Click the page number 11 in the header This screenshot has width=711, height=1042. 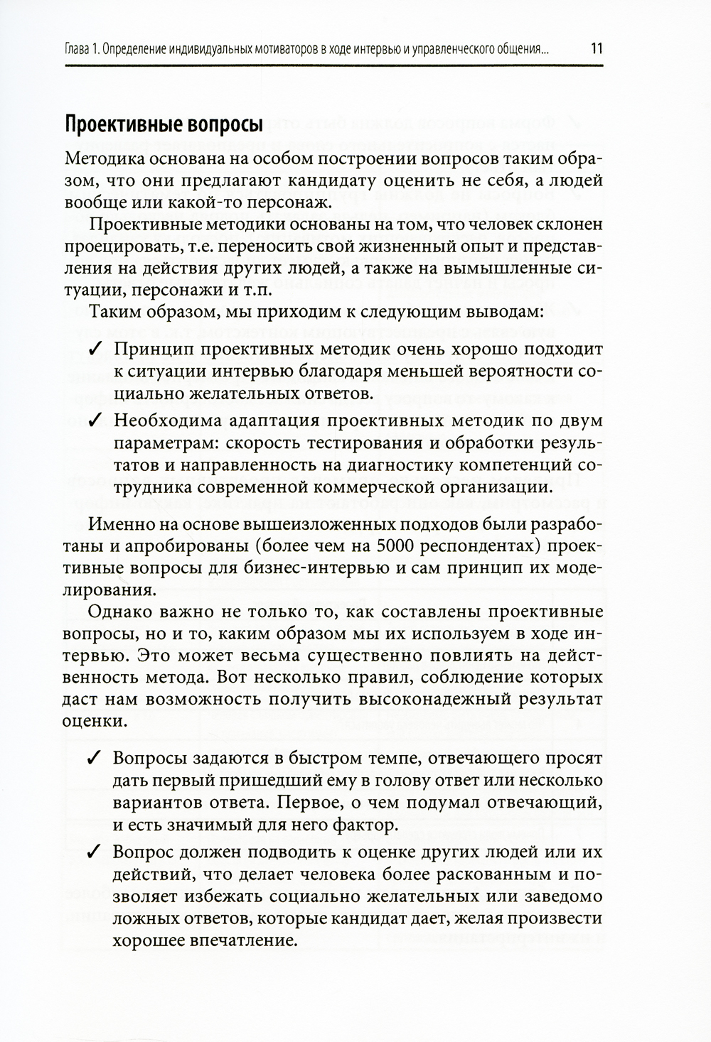pyautogui.click(x=595, y=50)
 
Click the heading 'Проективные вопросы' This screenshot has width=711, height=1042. pyautogui.click(x=164, y=126)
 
